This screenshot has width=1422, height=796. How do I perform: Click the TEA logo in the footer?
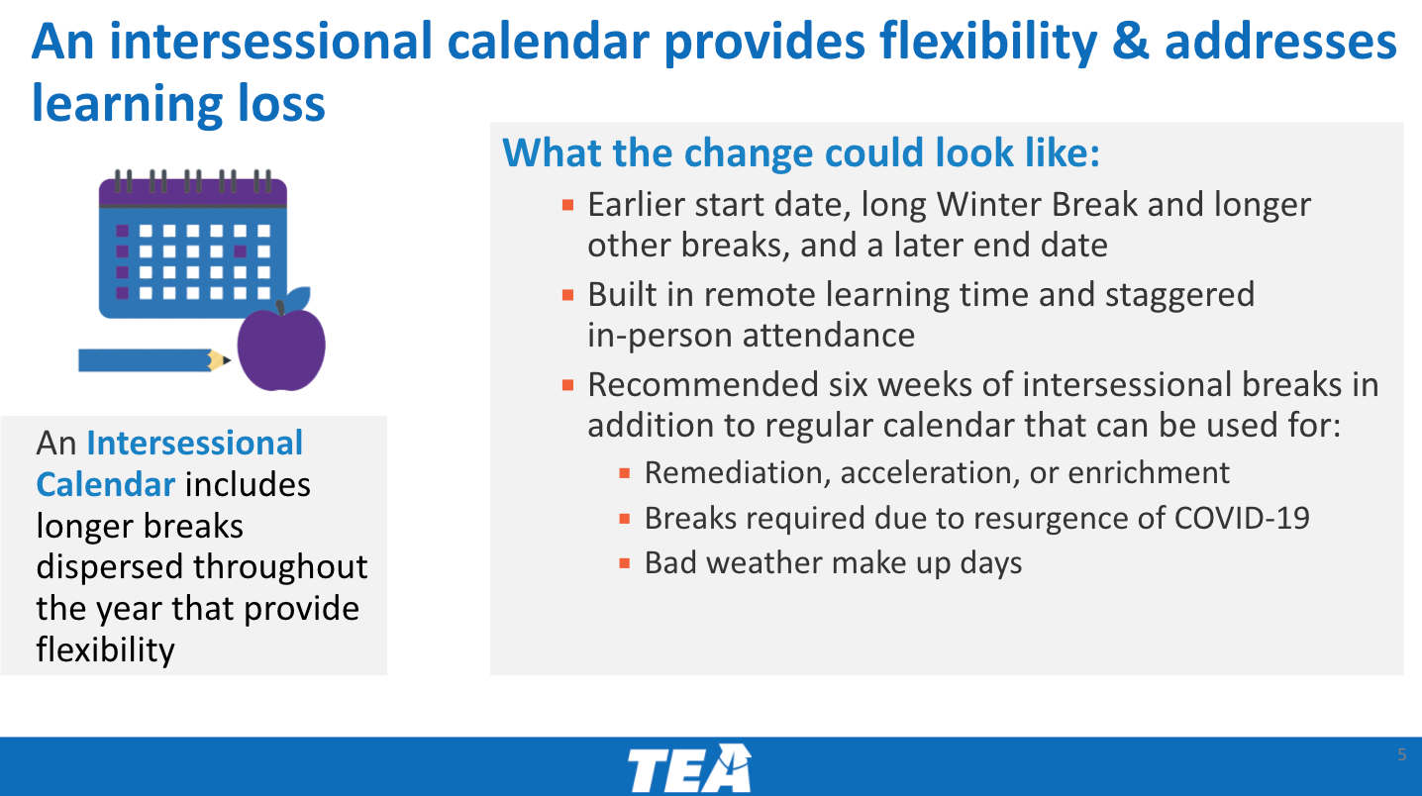pyautogui.click(x=689, y=768)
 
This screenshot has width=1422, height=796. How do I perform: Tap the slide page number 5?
pyautogui.click(x=1401, y=754)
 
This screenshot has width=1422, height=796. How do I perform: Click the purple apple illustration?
pyautogui.click(x=281, y=348)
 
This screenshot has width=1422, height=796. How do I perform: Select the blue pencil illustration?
pyautogui.click(x=154, y=360)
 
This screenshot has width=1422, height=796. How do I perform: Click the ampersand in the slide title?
pyautogui.click(x=1131, y=42)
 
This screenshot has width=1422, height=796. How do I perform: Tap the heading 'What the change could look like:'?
pyautogui.click(x=800, y=153)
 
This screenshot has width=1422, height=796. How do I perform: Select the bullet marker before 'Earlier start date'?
pyautogui.click(x=568, y=205)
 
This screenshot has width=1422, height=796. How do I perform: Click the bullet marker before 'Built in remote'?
pyautogui.click(x=568, y=295)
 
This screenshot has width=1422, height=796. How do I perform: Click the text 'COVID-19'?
pyautogui.click(x=1242, y=518)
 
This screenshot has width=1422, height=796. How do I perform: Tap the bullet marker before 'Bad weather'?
pyautogui.click(x=625, y=563)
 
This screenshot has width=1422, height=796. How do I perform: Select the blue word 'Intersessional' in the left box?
pyautogui.click(x=194, y=443)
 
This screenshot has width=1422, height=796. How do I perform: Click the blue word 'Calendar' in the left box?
pyautogui.click(x=105, y=484)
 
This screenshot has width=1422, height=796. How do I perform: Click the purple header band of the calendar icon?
pyautogui.click(x=193, y=193)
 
